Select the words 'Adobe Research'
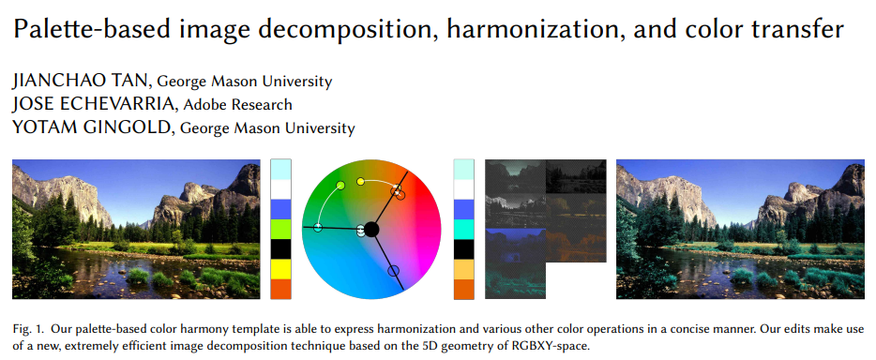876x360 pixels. [x=237, y=104]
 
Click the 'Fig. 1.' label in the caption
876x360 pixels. [x=27, y=329]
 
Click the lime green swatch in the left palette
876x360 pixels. [x=280, y=230]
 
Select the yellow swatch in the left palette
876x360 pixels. [x=280, y=269]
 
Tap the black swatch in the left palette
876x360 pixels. [x=280, y=249]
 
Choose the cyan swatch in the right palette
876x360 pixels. [x=463, y=230]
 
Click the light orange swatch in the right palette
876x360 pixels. [x=463, y=269]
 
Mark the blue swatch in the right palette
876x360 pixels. [x=463, y=209]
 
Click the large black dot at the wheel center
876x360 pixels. [x=372, y=229]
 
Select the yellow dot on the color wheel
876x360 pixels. [x=360, y=181]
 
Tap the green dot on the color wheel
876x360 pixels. [x=340, y=186]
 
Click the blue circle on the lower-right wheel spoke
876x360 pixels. [x=393, y=271]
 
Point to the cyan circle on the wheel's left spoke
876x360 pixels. [x=318, y=227]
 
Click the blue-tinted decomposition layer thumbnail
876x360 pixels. [x=515, y=245]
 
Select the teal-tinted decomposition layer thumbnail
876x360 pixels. [x=515, y=280]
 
